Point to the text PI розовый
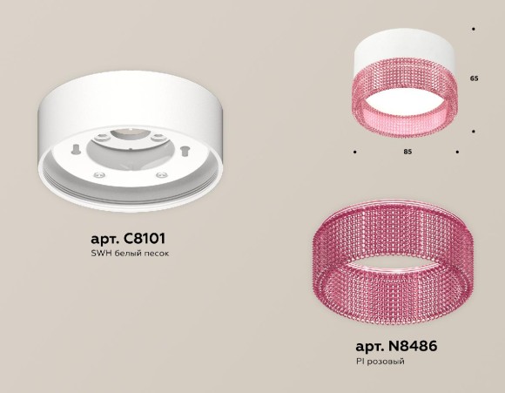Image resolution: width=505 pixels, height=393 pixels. [380, 361]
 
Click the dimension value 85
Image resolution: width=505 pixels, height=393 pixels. [407, 152]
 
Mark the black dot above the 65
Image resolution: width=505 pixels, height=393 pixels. [473, 30]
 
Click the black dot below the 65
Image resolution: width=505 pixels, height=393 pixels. [473, 132]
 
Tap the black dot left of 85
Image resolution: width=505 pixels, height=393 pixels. [355, 152]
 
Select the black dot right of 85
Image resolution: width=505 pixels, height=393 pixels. [457, 152]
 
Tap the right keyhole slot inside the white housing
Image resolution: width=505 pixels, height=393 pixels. [185, 152]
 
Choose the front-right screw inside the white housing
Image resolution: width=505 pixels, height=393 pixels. [161, 176]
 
